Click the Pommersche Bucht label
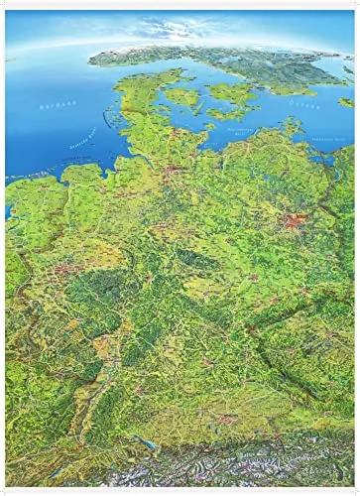point(327,138)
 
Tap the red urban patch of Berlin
point(295,220)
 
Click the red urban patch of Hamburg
point(176,173)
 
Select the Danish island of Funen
point(182,96)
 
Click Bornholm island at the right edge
point(346,101)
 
